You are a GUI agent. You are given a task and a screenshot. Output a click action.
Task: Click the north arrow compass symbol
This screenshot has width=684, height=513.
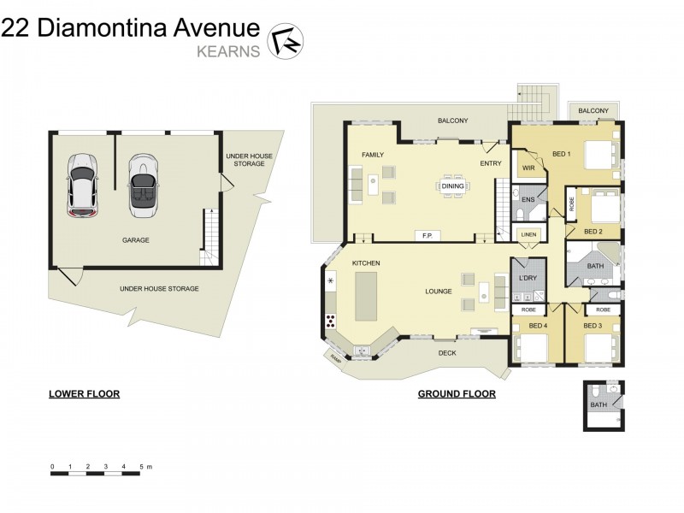click(286, 41)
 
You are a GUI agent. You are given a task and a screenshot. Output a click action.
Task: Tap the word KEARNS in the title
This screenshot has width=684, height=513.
click(228, 51)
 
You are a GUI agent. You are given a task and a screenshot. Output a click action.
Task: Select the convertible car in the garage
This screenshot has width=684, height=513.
click(143, 186)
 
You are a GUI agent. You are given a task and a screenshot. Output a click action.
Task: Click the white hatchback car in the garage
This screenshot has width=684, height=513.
click(82, 185)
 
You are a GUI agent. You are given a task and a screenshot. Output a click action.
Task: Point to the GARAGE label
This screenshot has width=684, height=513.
click(136, 240)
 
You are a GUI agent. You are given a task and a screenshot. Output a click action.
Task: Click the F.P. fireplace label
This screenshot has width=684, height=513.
click(427, 236)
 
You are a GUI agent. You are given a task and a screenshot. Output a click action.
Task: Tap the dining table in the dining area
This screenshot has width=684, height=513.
click(452, 186)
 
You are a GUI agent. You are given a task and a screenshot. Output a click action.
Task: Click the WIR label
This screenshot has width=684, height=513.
click(528, 168)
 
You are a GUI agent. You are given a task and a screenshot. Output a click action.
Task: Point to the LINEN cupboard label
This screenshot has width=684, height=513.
click(528, 234)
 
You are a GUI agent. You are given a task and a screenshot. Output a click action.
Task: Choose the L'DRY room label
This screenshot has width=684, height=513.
click(528, 278)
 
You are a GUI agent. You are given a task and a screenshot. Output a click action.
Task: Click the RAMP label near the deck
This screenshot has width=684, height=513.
click(335, 358)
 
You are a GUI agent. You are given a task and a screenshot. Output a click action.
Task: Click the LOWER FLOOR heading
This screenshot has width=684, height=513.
click(84, 394)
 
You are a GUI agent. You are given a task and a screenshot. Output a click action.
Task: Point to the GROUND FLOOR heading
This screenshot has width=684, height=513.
click(457, 394)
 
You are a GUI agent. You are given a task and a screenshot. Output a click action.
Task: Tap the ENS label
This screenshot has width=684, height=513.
click(528, 200)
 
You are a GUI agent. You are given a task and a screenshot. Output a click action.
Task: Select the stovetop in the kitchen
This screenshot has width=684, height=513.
click(331, 321)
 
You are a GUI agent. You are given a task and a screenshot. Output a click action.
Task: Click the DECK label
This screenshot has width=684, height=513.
click(447, 353)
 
